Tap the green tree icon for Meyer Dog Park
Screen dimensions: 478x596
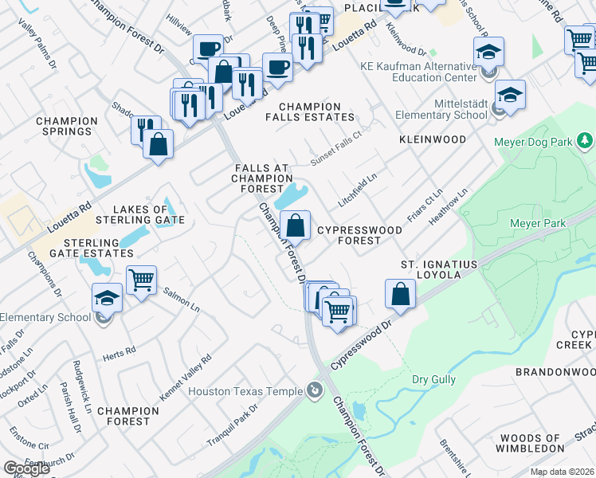coord(586,141)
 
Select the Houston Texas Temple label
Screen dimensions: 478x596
coord(245,391)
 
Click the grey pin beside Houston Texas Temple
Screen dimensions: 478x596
coord(316,391)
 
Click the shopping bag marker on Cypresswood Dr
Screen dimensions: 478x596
coord(400,294)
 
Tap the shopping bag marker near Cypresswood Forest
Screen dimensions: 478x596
coord(295,226)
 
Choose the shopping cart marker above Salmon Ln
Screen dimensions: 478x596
coord(141,280)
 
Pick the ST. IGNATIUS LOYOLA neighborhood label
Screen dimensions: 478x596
coord(438,269)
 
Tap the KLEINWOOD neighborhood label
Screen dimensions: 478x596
coord(433,139)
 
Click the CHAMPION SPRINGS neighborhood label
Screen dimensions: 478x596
coord(67,127)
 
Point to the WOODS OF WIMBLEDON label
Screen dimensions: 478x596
coord(530,444)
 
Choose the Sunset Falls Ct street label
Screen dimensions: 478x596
coord(336,148)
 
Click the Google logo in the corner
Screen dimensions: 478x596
coord(25,468)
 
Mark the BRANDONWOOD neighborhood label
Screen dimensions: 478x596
coord(555,372)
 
